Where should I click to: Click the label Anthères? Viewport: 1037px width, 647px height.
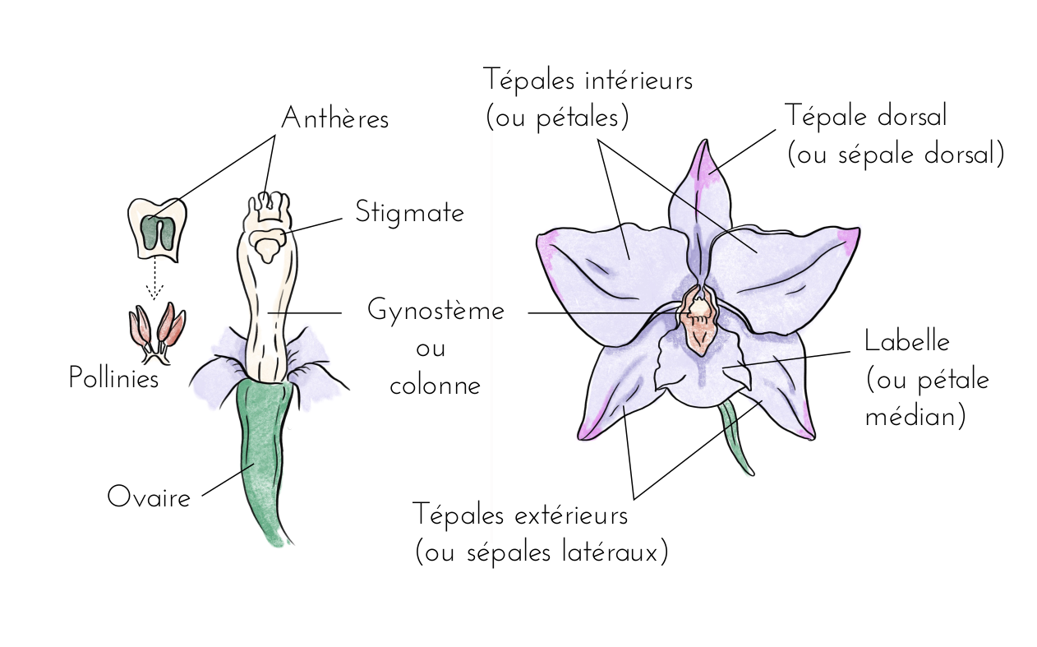click(334, 119)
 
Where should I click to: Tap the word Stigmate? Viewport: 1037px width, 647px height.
click(409, 213)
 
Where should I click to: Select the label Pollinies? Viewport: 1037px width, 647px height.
click(113, 378)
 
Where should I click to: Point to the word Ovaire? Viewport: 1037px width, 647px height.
click(149, 497)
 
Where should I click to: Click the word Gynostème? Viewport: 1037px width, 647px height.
click(436, 312)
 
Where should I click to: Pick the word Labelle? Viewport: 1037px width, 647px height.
click(906, 341)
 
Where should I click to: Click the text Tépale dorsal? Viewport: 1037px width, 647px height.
click(865, 116)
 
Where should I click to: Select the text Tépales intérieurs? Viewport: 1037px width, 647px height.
click(588, 81)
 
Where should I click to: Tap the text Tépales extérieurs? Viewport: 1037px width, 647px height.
click(520, 516)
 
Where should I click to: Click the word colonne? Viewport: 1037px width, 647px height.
click(435, 386)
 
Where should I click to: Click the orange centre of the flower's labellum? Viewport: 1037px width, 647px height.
click(700, 333)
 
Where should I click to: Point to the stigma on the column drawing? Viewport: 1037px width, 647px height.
click(269, 243)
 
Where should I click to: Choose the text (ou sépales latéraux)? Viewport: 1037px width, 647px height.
click(542, 552)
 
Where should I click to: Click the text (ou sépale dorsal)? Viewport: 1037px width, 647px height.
click(895, 155)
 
